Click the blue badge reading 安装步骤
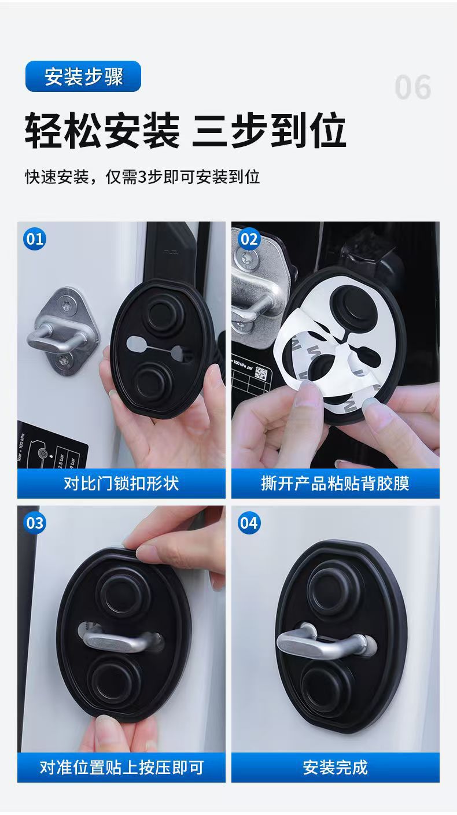click(83, 76)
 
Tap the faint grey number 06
click(413, 87)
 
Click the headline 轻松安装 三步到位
click(185, 130)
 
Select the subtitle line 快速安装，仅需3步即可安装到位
click(142, 177)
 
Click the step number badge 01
click(35, 239)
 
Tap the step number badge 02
click(249, 239)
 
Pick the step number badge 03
click(35, 523)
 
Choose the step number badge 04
click(249, 523)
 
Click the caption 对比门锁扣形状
click(121, 484)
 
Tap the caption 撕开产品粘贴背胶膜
click(335, 484)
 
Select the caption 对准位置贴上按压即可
click(121, 768)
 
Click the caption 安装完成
click(335, 768)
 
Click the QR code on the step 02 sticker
click(261, 373)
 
